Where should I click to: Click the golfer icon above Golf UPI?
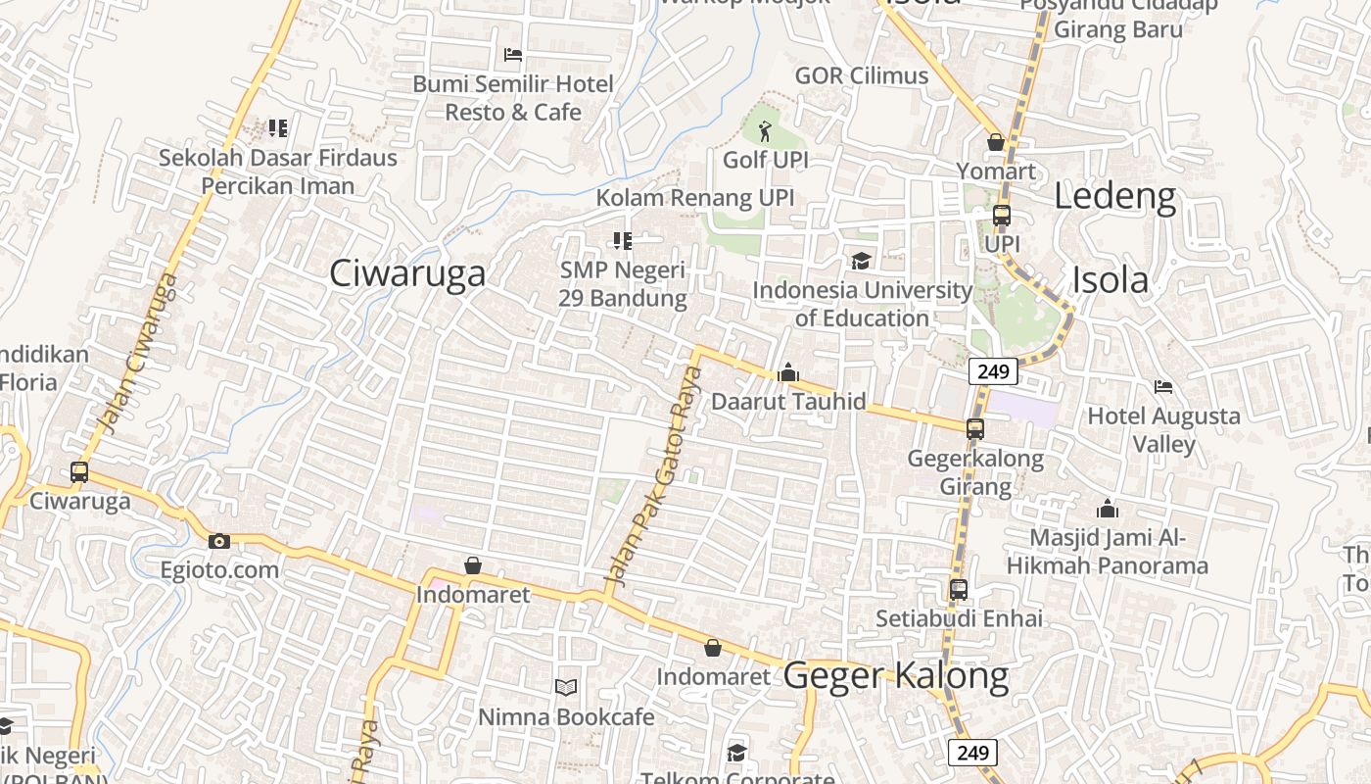(x=765, y=129)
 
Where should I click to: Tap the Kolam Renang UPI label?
(x=695, y=197)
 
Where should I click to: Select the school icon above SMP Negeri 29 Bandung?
(x=622, y=240)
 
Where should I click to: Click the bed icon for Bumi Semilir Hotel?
(x=513, y=55)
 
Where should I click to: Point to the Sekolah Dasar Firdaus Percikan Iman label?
(x=278, y=171)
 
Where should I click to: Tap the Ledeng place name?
(x=1114, y=197)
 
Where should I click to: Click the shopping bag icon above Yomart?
(x=996, y=143)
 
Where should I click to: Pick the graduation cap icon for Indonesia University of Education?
(x=861, y=261)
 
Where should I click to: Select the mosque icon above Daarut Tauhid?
(x=788, y=372)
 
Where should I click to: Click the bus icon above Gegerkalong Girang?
(x=974, y=429)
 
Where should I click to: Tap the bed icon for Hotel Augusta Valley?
(x=1163, y=387)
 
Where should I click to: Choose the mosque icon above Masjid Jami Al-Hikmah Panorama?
(x=1108, y=509)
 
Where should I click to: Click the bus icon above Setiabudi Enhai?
(x=959, y=590)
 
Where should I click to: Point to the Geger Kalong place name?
(x=896, y=676)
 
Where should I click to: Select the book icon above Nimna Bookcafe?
(x=566, y=687)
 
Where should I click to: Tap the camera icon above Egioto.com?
(x=219, y=541)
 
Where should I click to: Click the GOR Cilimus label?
(x=861, y=75)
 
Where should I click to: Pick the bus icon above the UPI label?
(x=1001, y=216)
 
